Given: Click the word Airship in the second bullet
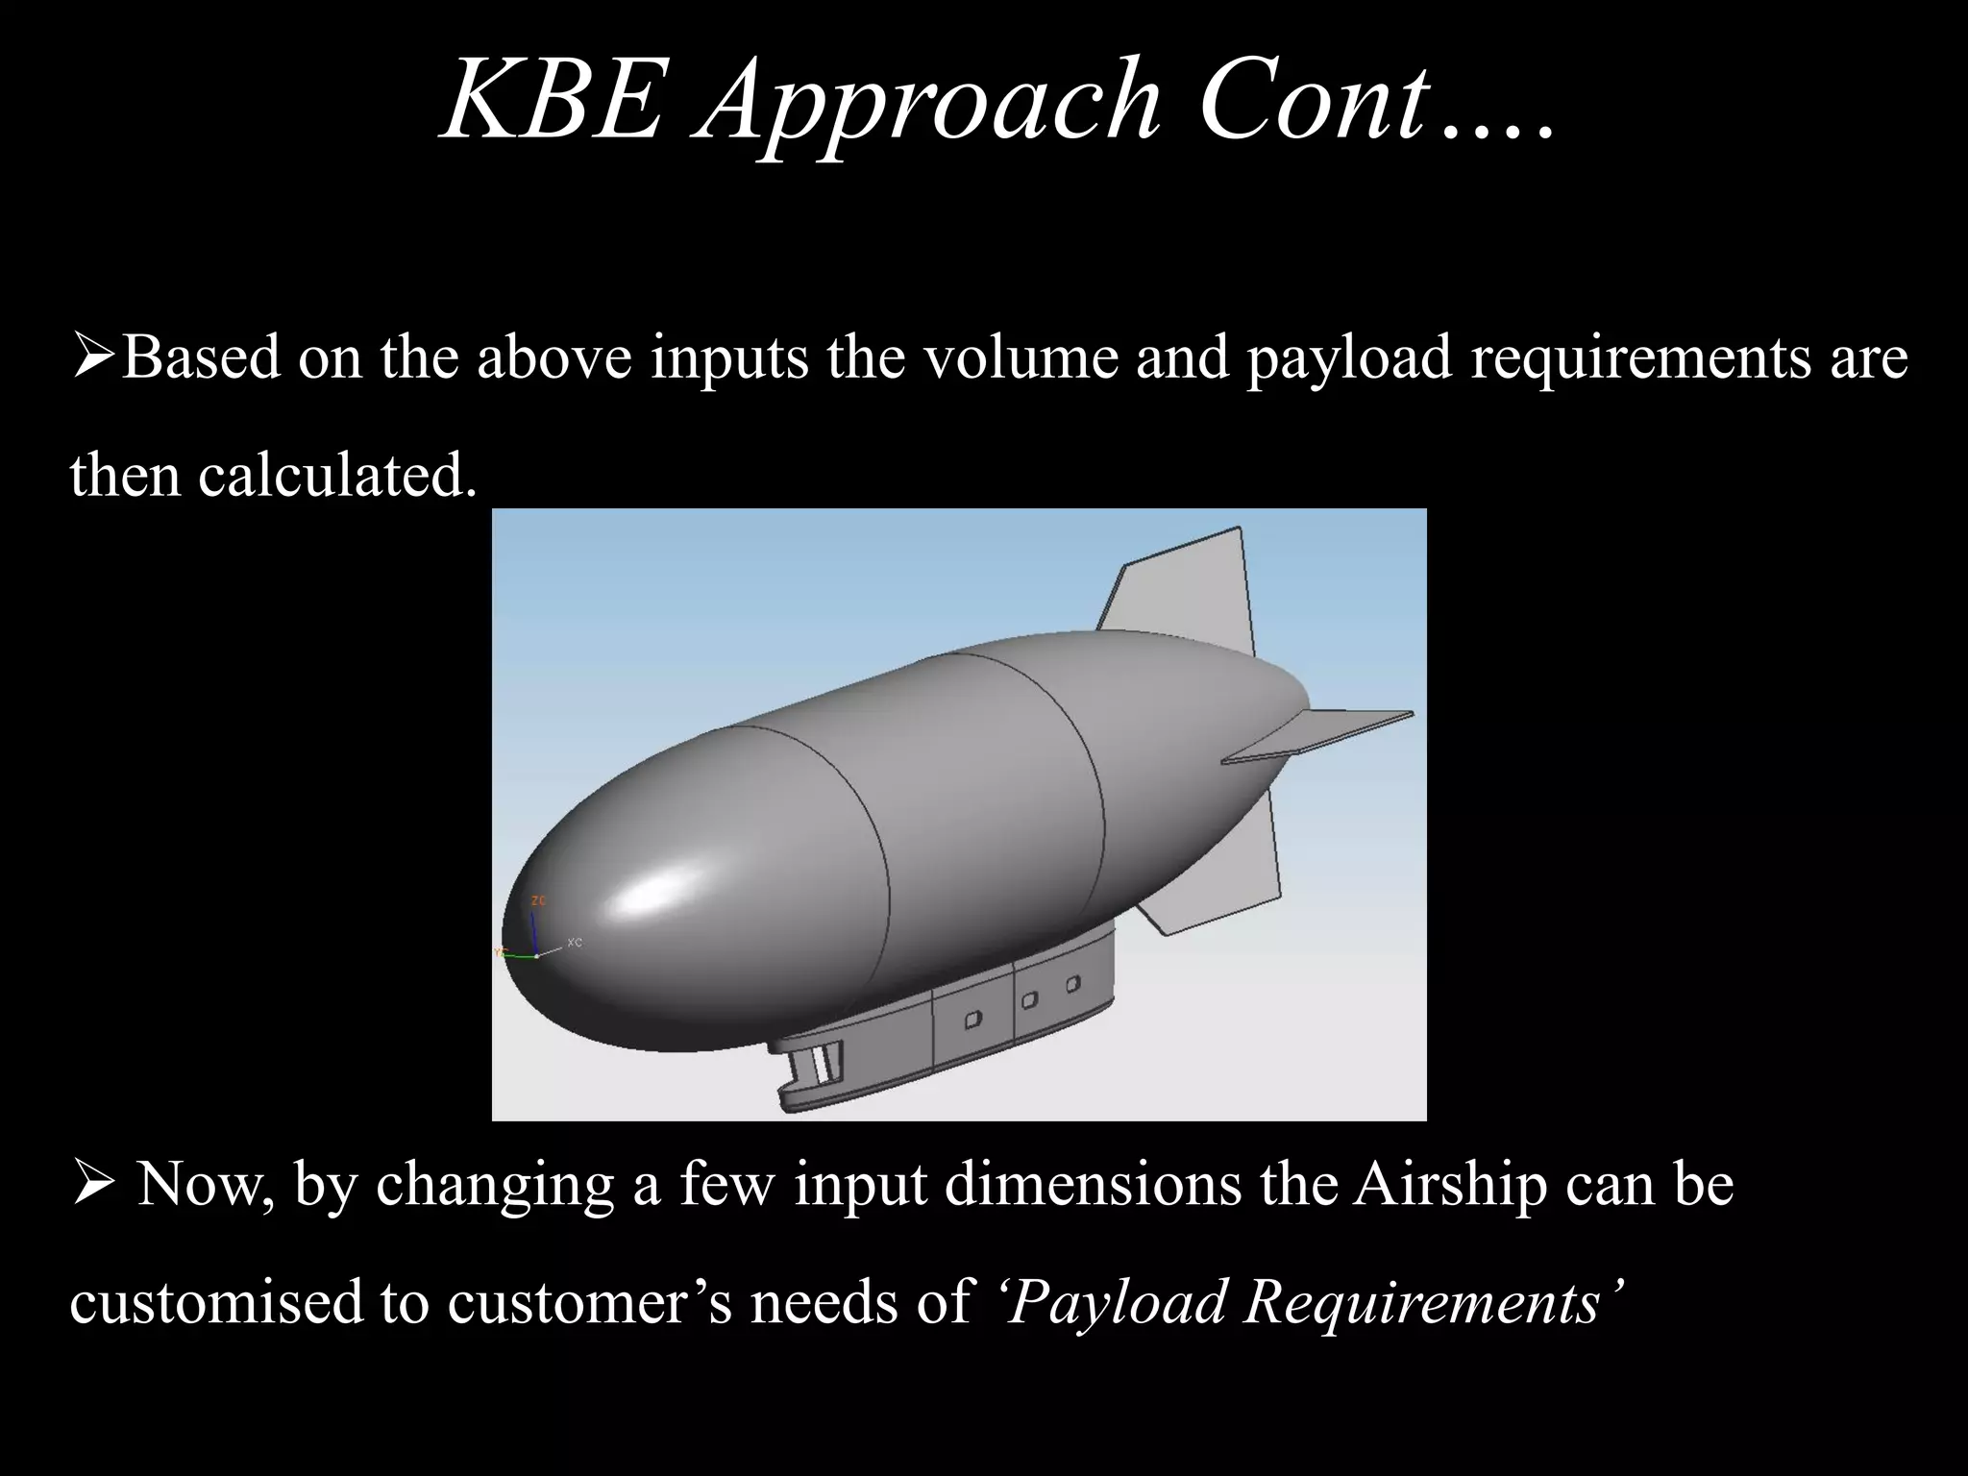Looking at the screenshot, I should (1450, 1185).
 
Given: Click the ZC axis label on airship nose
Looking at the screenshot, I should (539, 900).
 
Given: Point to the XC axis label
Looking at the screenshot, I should (575, 943).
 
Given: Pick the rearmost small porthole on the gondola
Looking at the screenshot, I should (1072, 983).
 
